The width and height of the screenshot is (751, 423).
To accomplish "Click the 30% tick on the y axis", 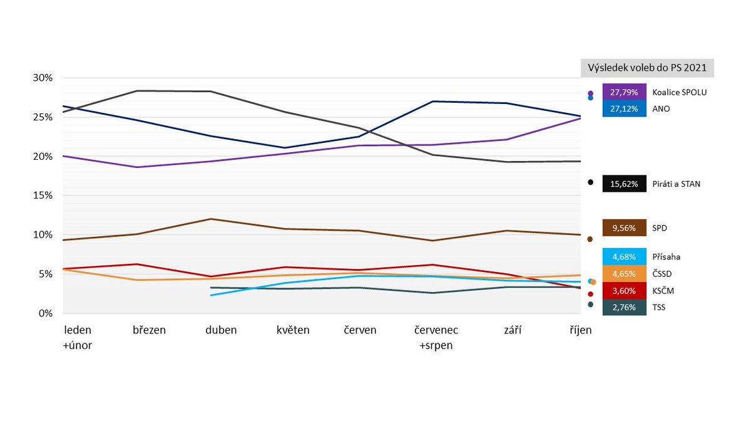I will (x=43, y=78).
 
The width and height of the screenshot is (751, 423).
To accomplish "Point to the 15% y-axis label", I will (x=43, y=196).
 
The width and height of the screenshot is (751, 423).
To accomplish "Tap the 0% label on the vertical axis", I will (x=45, y=313).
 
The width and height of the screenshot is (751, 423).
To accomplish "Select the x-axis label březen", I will (x=150, y=330).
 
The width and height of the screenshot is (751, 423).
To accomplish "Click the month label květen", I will (x=293, y=330).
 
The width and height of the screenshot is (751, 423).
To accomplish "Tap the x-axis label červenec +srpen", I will (x=437, y=337).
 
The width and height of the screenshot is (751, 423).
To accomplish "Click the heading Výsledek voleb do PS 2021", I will (x=647, y=68).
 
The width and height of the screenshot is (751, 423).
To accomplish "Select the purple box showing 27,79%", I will (x=624, y=92).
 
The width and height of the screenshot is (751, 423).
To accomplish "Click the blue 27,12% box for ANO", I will (x=624, y=108).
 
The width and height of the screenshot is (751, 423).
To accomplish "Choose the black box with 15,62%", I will (x=624, y=184).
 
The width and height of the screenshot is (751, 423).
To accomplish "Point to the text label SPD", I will (x=660, y=228).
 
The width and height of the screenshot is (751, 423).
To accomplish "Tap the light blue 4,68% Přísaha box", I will (x=624, y=256).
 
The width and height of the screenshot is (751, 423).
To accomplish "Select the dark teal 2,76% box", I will (x=624, y=308).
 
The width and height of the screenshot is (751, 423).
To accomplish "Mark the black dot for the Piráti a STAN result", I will (x=590, y=182).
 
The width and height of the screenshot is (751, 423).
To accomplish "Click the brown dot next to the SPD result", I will (x=590, y=239).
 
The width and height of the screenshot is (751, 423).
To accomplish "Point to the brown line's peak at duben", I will (x=211, y=219).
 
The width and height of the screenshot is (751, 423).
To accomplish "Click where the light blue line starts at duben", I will (x=212, y=295).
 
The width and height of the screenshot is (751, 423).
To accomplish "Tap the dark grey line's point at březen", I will (x=138, y=91).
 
